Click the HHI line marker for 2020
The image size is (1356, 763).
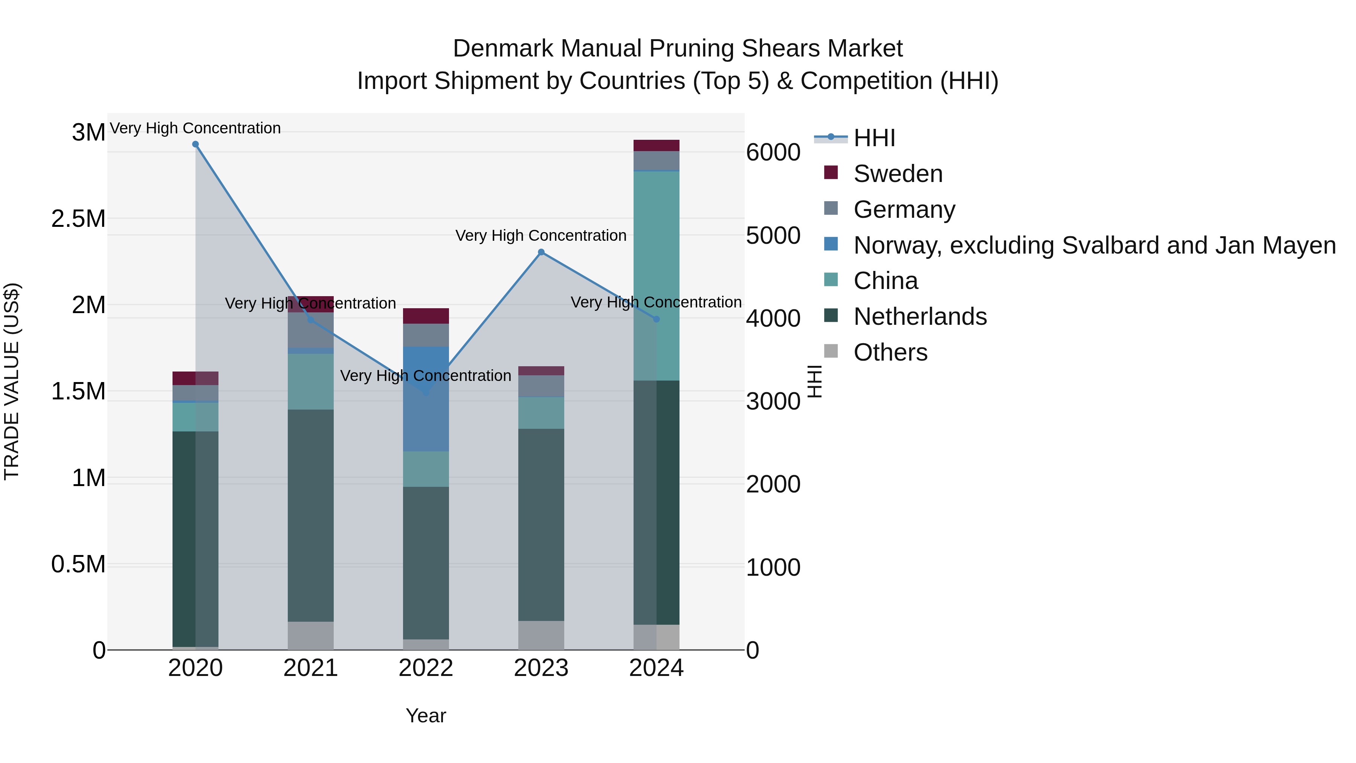pyautogui.click(x=195, y=144)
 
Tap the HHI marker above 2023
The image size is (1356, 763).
pyautogui.click(x=541, y=252)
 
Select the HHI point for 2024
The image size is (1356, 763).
pyautogui.click(x=657, y=319)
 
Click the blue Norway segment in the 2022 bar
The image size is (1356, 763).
pyautogui.click(x=426, y=399)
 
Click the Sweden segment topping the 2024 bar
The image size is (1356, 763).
pyautogui.click(x=657, y=145)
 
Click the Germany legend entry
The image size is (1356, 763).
pyautogui.click(x=904, y=209)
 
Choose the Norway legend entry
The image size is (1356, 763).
pyautogui.click(x=1094, y=245)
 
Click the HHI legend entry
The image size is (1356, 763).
pyautogui.click(x=874, y=138)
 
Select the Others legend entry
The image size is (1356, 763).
pyautogui.click(x=890, y=352)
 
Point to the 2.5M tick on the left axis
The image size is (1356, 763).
pyautogui.click(x=78, y=219)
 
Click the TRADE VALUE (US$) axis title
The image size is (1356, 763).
pyautogui.click(x=12, y=381)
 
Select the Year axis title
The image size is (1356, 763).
pyautogui.click(x=426, y=716)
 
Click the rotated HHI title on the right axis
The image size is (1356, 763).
pyautogui.click(x=815, y=381)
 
